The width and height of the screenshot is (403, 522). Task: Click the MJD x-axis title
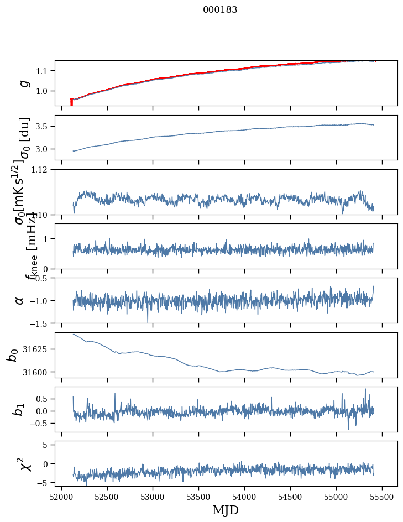point(226,510)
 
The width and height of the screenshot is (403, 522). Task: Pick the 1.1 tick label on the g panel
point(44,71)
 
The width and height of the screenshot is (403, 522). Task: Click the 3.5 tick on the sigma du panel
point(44,127)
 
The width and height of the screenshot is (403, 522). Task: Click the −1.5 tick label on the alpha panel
point(40,323)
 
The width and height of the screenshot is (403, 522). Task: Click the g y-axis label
point(23,83)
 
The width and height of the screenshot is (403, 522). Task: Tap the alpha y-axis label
point(20,300)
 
